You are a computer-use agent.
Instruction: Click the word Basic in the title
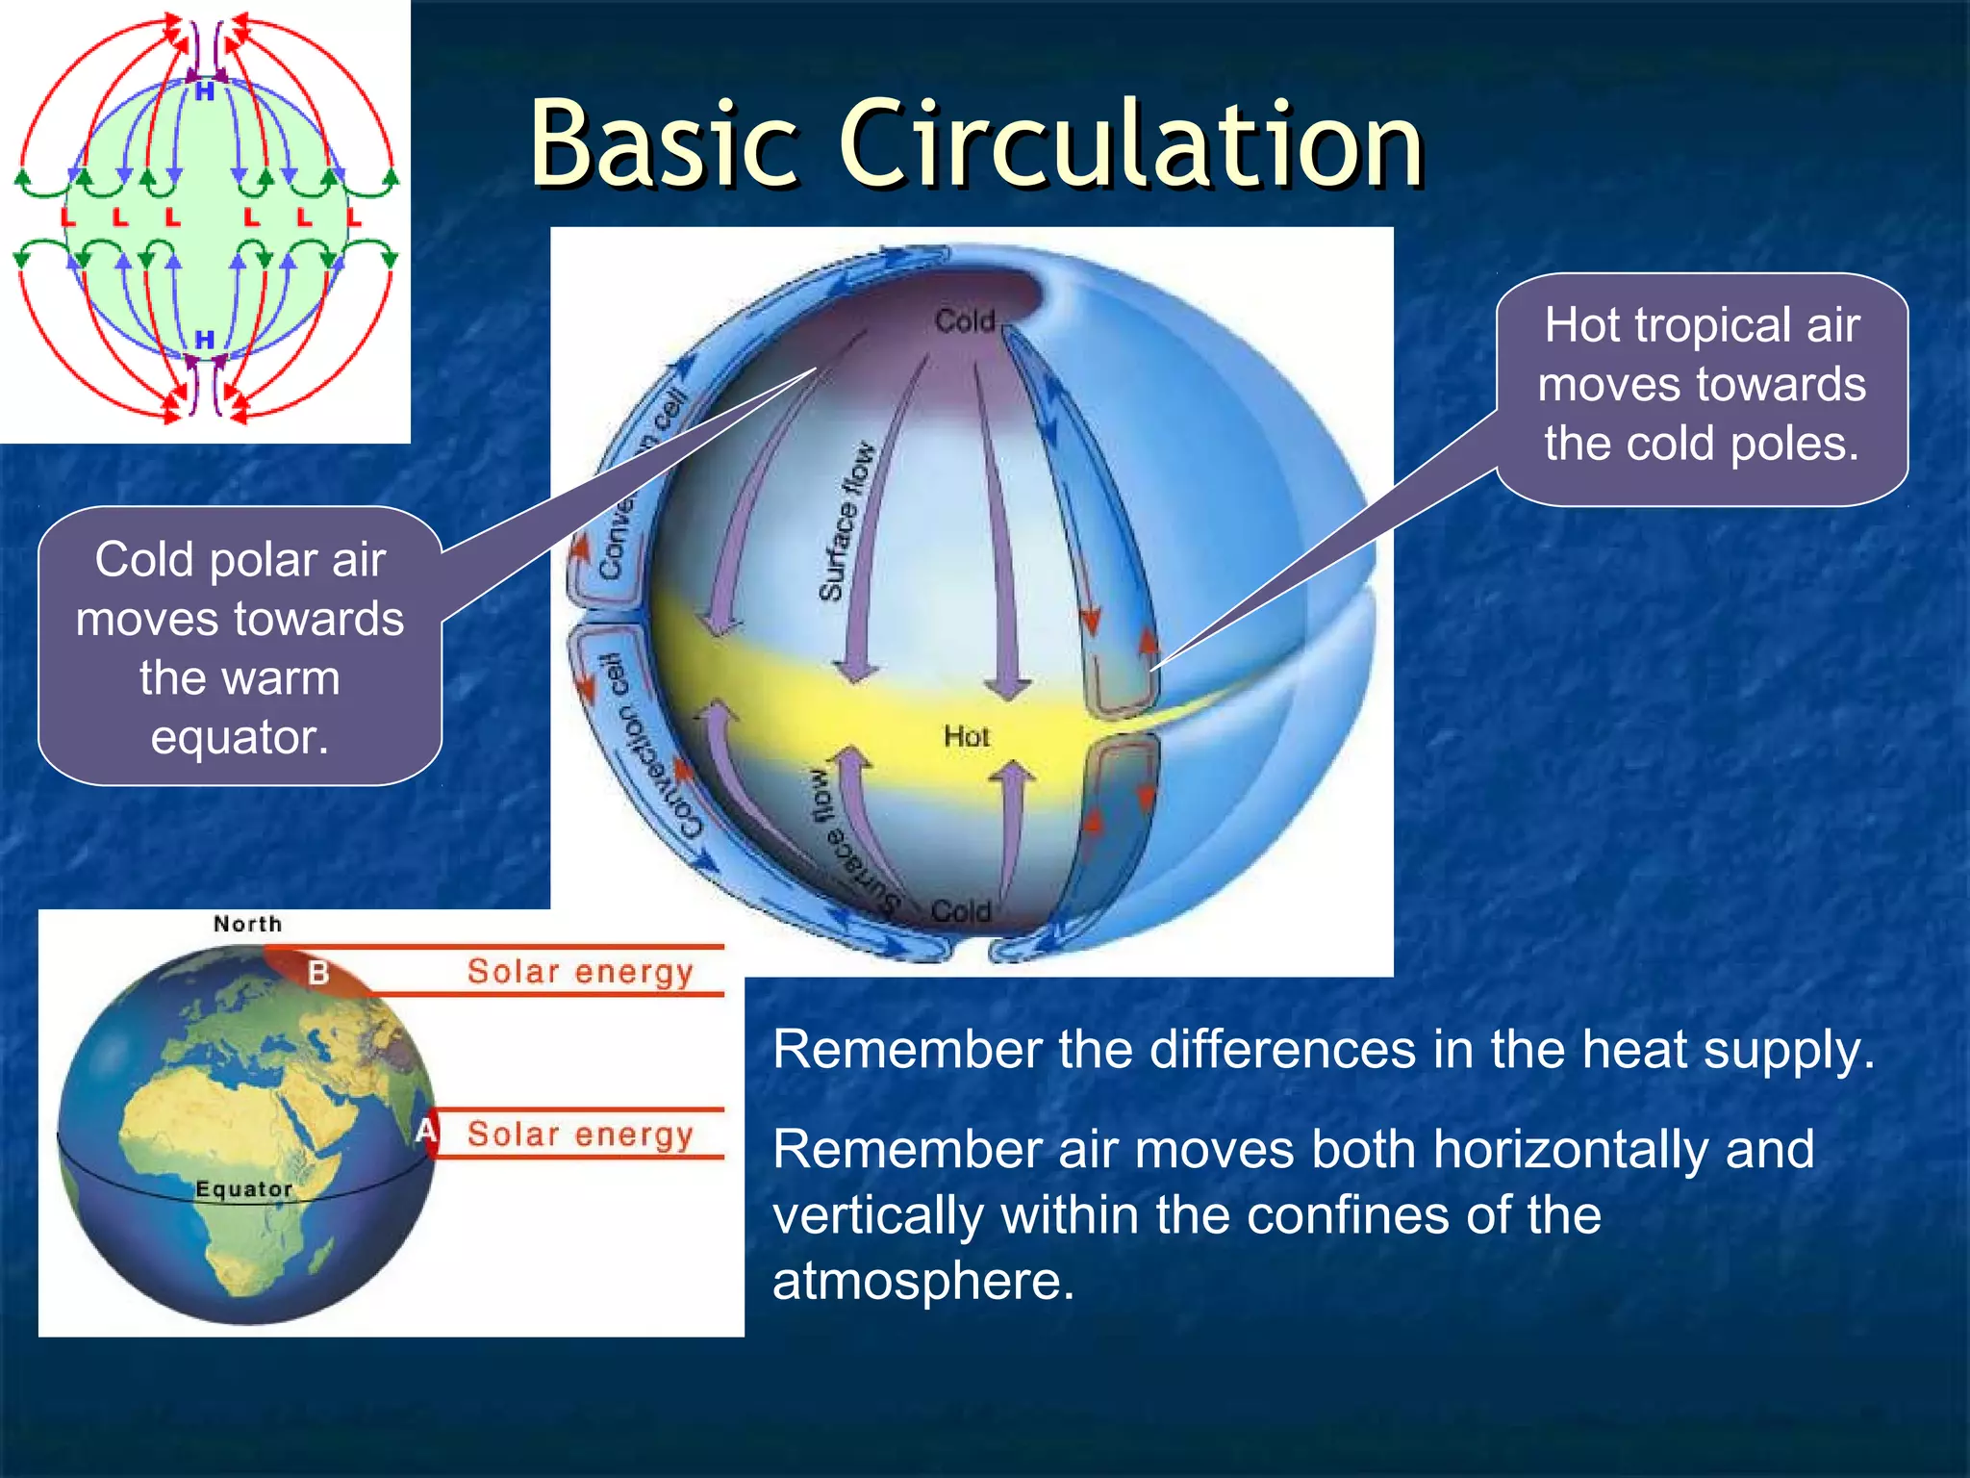click(664, 144)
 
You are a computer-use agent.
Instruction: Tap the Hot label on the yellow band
click(966, 737)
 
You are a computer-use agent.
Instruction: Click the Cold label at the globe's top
click(965, 321)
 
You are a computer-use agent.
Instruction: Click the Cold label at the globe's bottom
click(961, 910)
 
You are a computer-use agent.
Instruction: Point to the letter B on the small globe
click(318, 973)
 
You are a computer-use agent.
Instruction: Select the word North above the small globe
click(248, 924)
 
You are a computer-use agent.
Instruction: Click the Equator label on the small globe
click(244, 1189)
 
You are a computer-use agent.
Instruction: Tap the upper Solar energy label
click(580, 972)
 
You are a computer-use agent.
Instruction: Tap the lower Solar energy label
click(580, 1134)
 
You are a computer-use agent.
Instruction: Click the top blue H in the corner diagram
click(205, 92)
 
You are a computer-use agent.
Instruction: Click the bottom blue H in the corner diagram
click(205, 340)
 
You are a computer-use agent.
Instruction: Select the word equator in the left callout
click(240, 737)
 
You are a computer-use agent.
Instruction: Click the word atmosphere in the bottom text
click(923, 1281)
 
